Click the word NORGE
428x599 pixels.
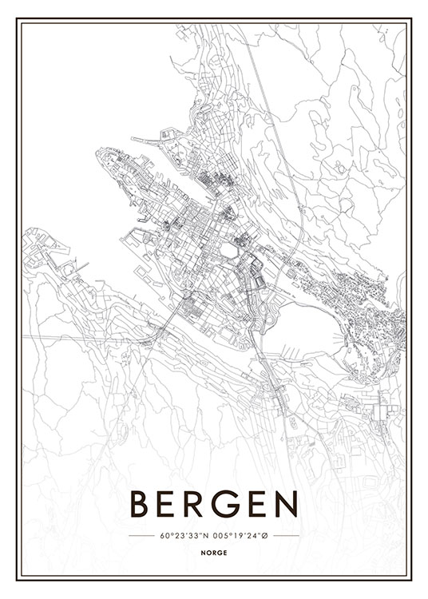pyautogui.click(x=213, y=552)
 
